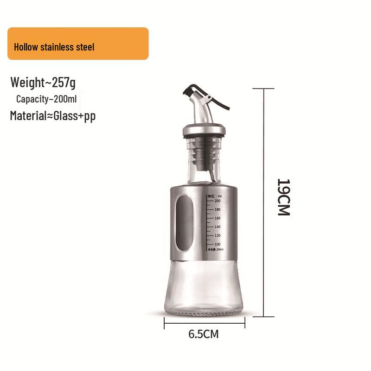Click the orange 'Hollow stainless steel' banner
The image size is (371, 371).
click(x=78, y=44)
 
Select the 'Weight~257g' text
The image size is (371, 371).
click(x=43, y=83)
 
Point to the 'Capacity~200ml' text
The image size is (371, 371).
click(x=46, y=99)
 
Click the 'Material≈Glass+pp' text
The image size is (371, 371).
click(x=52, y=115)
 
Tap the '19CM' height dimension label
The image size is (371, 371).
click(x=283, y=197)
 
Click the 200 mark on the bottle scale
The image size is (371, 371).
click(x=217, y=201)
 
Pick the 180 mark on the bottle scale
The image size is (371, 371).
click(x=217, y=210)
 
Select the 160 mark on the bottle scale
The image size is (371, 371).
click(x=217, y=218)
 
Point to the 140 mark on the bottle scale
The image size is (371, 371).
click(x=217, y=227)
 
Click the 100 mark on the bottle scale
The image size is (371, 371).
click(x=217, y=244)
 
